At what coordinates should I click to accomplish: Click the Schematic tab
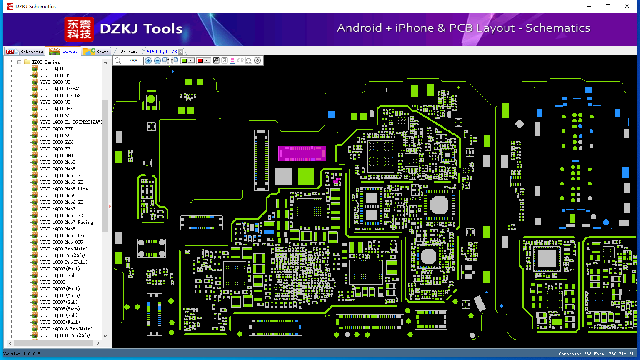tap(25, 51)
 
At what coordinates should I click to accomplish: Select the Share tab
tap(96, 51)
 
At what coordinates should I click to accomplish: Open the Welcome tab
tap(129, 52)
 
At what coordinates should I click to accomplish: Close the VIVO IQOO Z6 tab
tap(180, 52)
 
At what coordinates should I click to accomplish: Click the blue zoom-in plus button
tap(148, 60)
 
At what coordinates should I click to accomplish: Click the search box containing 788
tap(133, 60)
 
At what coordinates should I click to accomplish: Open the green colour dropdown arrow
tap(191, 60)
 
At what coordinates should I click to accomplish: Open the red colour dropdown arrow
tap(207, 60)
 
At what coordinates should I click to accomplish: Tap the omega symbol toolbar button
tap(249, 60)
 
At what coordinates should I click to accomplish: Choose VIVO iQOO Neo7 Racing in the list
tap(67, 222)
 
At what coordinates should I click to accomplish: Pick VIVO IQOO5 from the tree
tap(52, 282)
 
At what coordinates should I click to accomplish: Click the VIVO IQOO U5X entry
tap(56, 109)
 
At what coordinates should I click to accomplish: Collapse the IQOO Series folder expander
tap(20, 62)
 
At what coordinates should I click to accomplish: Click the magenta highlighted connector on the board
tap(302, 153)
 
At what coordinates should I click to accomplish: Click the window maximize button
tap(608, 6)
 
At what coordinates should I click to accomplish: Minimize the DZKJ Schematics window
tap(589, 6)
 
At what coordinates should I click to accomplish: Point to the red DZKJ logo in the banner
tap(79, 29)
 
